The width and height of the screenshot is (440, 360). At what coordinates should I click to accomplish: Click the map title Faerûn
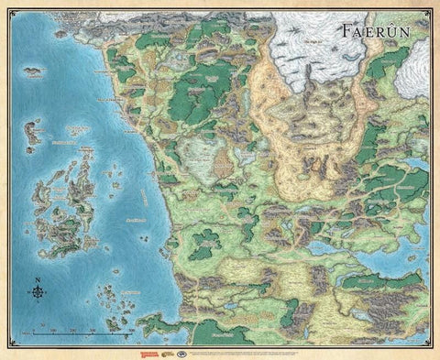[379, 28]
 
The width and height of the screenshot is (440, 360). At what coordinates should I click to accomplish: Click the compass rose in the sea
[38, 293]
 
